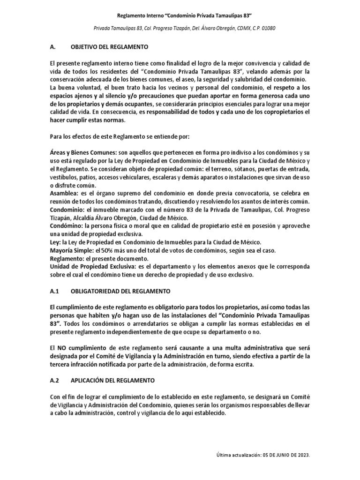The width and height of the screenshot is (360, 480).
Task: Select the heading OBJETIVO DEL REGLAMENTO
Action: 109,47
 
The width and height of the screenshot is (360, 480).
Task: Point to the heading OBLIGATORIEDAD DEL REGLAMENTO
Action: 120,291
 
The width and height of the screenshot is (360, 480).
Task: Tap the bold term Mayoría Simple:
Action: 70,250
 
